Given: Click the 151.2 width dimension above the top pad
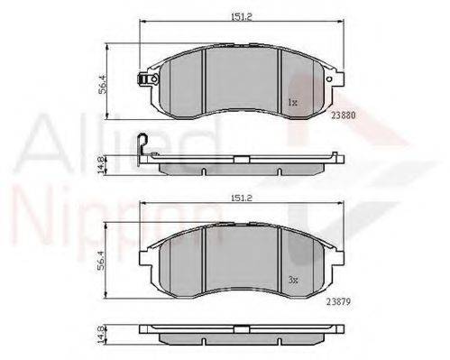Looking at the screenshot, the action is pos(242,17).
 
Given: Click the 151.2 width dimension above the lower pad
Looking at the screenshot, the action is pos(242,198).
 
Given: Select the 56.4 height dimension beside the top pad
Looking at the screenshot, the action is pos(102,84).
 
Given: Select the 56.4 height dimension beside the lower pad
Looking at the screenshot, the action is pos(101,260).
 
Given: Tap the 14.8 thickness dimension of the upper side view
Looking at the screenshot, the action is pos(101,165).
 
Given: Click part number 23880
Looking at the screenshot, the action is pos(344,115).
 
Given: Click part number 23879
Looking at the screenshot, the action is pos(338,301).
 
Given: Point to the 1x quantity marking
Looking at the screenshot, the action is pos(292,103).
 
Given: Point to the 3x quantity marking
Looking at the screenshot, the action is pos(293,281).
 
